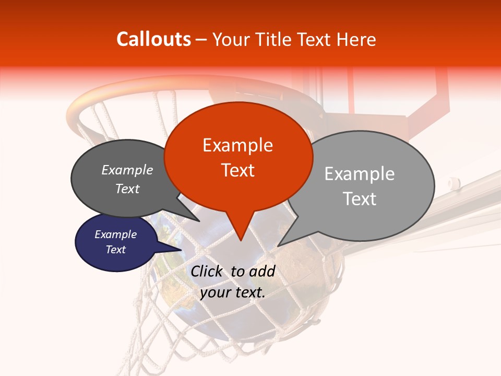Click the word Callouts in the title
(153, 39)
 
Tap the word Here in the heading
(357, 39)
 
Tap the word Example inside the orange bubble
(238, 145)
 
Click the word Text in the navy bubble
(116, 250)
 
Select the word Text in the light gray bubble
(360, 199)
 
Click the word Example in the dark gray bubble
(127, 170)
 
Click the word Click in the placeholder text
(207, 271)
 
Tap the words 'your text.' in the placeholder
(233, 292)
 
